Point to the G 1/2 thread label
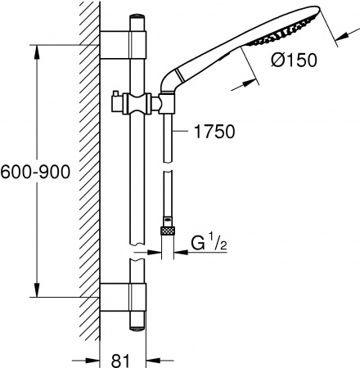point(209,243)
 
